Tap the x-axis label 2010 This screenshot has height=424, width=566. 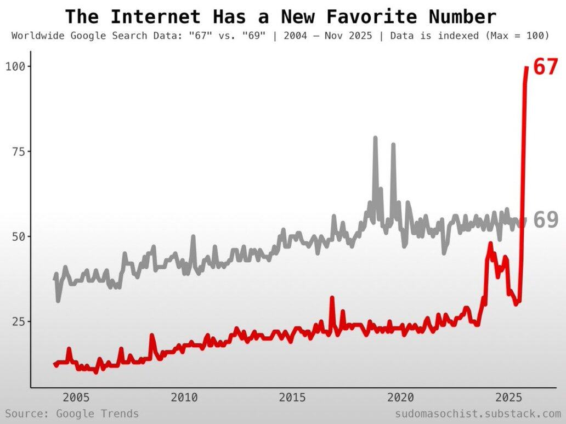pos(184,397)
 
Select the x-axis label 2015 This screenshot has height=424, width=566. pos(293,397)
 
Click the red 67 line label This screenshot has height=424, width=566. pos(545,67)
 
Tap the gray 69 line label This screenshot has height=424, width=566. pos(545,220)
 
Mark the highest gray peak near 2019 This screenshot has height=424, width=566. pos(375,138)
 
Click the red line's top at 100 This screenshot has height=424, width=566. pos(527,67)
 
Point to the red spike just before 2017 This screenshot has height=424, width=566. pos(332,298)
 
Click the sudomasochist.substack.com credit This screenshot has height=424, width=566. pos(478,414)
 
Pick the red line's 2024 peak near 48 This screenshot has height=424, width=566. pos(490,243)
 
